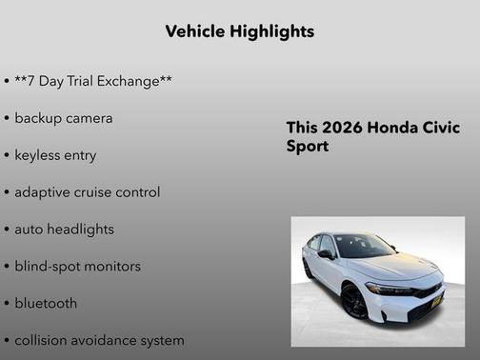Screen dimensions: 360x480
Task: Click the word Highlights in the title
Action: coord(272,31)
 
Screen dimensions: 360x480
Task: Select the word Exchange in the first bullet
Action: coord(134,81)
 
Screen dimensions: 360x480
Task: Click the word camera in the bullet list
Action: coord(89,118)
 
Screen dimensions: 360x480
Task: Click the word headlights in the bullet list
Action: coord(80,230)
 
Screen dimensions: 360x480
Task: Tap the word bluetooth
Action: coord(46,304)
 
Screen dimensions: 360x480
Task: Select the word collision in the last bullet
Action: coord(44,340)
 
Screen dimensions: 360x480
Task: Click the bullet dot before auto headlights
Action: coord(7,230)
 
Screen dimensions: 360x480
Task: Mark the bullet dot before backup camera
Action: coord(7,119)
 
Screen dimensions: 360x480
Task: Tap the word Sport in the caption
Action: coord(307,148)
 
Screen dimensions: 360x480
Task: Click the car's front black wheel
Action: coord(354,302)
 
